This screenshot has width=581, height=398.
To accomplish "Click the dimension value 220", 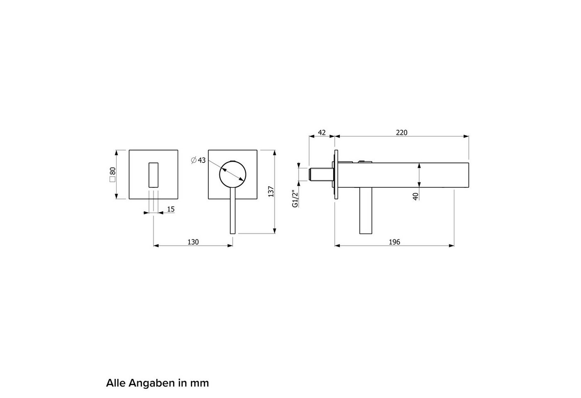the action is [402, 133].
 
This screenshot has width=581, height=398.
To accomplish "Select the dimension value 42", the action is [322, 133].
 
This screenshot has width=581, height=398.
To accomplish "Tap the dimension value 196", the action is [394, 242].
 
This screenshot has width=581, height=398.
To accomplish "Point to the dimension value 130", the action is [193, 242].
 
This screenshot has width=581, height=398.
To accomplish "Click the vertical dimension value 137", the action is [271, 192].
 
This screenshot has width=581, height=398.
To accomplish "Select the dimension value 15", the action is [171, 209].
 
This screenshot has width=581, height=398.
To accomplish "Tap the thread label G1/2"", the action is [295, 199].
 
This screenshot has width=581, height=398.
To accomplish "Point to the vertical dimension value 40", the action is [415, 197].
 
